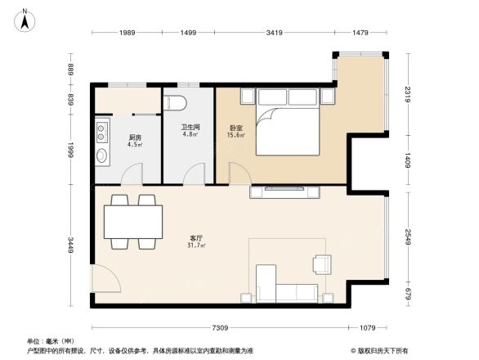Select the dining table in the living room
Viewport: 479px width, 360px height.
point(132,222)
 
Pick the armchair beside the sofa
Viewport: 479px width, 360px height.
point(322,263)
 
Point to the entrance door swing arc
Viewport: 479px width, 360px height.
point(106,281)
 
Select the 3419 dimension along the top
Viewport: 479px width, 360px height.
point(274,32)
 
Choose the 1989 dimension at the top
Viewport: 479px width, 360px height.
point(126,32)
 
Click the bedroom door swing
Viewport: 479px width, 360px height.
point(239,173)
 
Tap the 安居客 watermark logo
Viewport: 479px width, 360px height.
point(378,349)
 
